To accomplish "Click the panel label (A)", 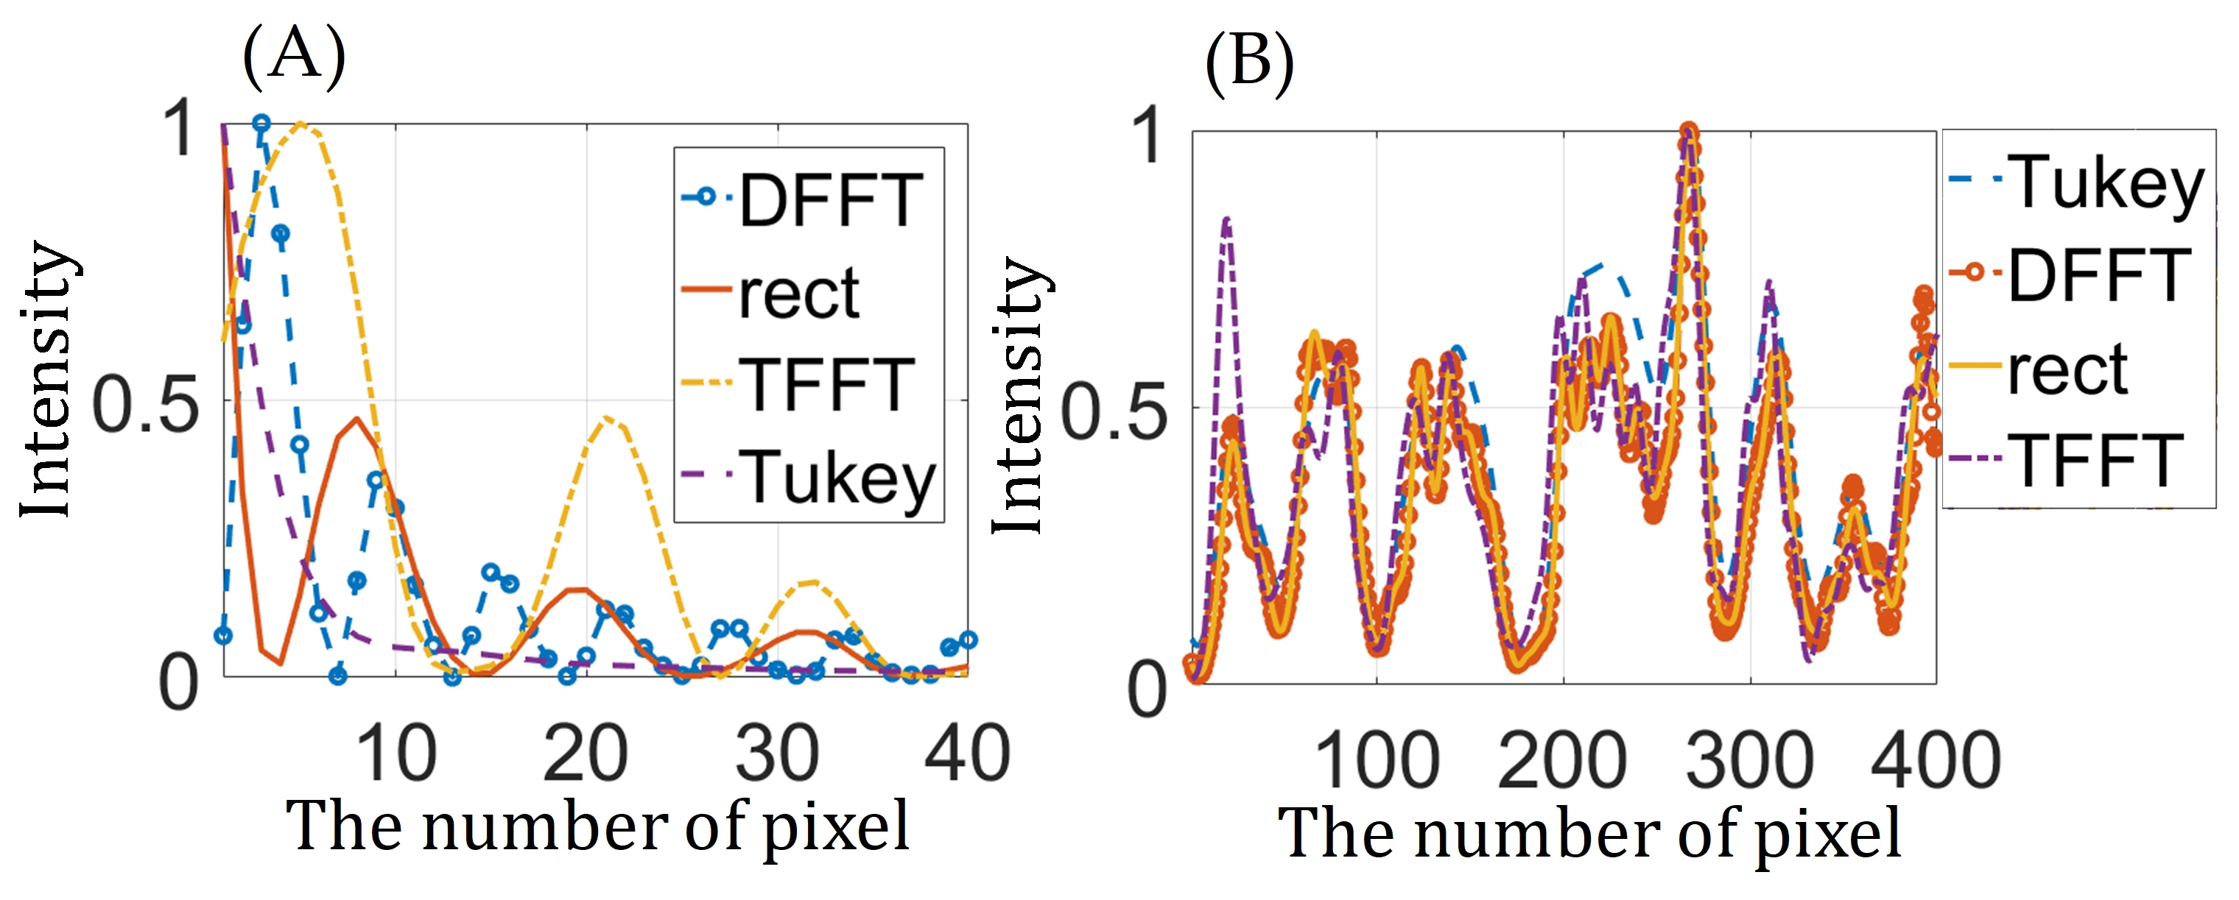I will pyautogui.click(x=294, y=57).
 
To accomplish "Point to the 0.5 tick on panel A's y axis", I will pyautogui.click(x=144, y=405).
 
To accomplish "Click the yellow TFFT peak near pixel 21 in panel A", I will pyautogui.click(x=606, y=419).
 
